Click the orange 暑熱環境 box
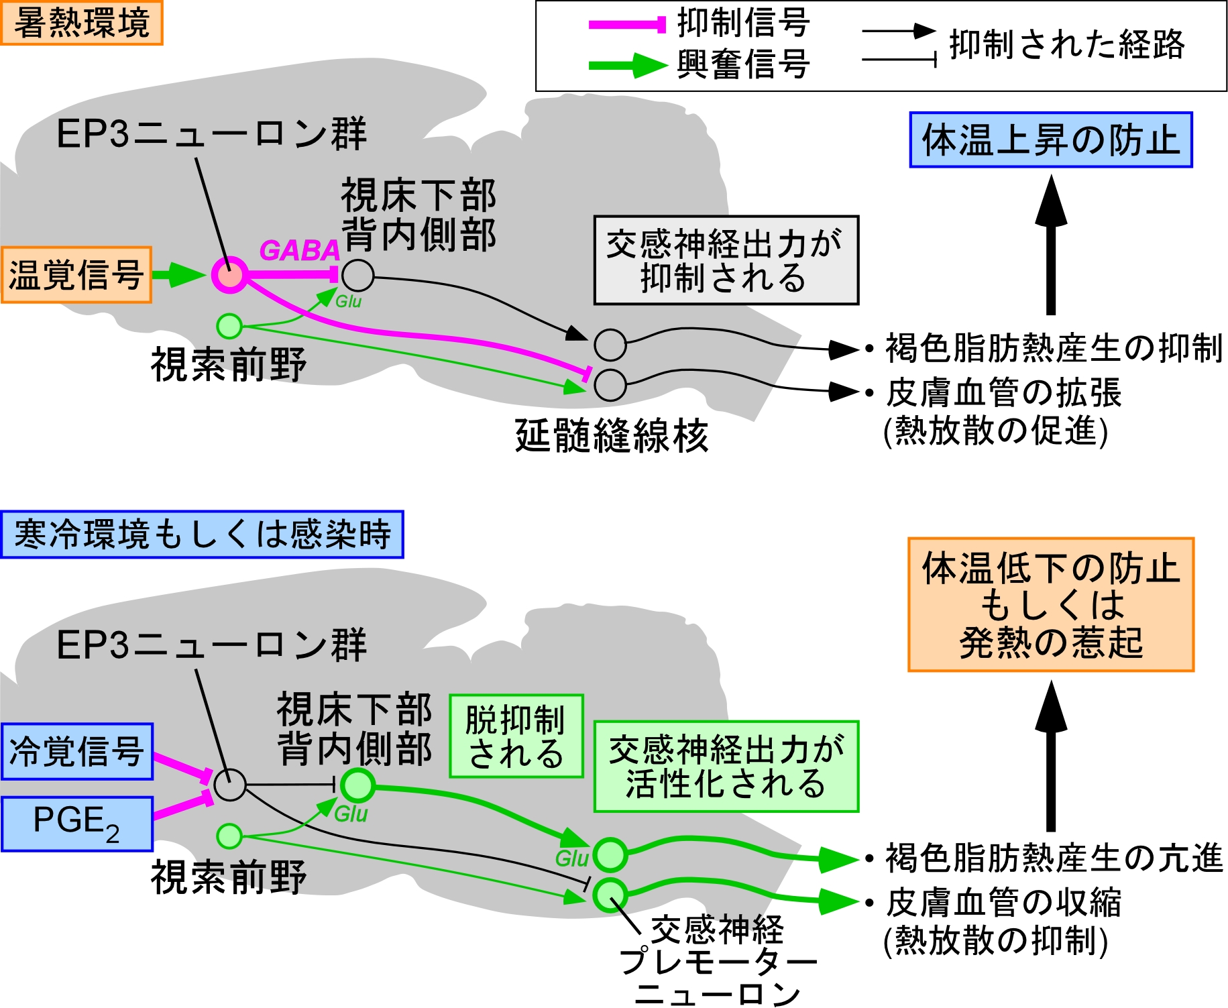click(81, 23)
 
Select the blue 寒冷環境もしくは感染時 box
click(202, 535)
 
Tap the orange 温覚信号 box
click(76, 275)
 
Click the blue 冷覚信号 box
click(76, 751)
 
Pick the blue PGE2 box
click(76, 824)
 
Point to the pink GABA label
click(299, 251)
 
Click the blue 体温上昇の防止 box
click(1050, 139)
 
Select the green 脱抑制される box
click(516, 736)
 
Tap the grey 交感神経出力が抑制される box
click(726, 260)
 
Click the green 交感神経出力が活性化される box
click(726, 767)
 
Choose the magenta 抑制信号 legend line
click(627, 25)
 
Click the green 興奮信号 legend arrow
click(627, 65)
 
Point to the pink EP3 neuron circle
click(230, 275)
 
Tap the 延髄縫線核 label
click(611, 436)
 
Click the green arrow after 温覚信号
click(178, 275)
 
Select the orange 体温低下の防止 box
click(1050, 604)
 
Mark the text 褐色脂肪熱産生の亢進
click(1054, 858)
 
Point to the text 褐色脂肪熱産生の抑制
click(1054, 349)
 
